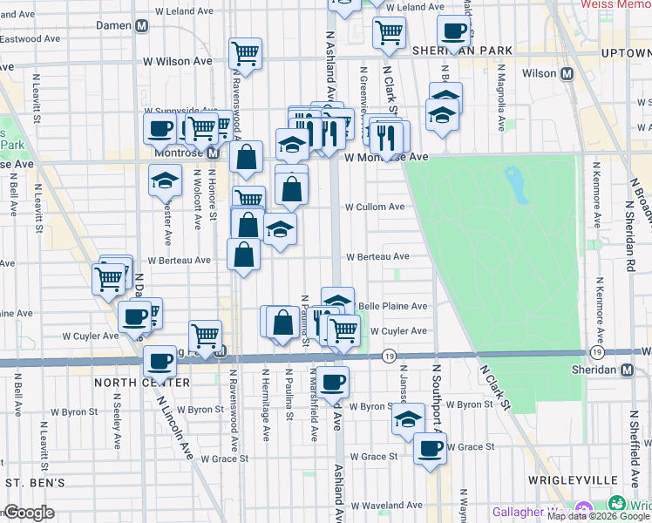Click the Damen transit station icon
140,26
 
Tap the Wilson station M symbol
567,74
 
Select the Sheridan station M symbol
627,370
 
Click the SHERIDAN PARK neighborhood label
463,51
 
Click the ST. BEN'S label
34,482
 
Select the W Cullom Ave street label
375,207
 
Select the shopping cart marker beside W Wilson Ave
247,53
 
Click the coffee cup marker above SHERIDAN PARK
453,31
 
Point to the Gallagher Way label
529,511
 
